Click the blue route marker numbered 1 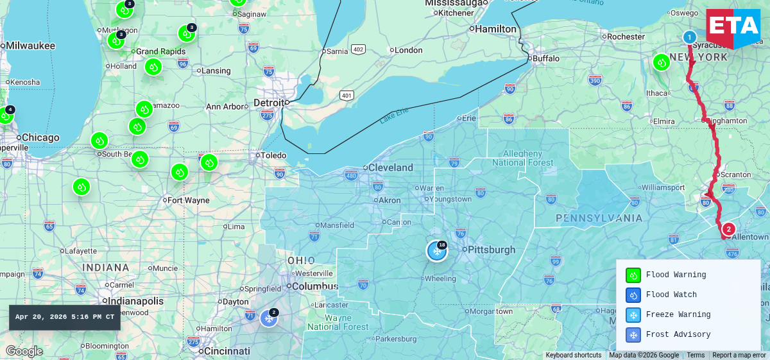pyautogui.click(x=689, y=37)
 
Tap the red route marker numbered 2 pyautogui.click(x=728, y=229)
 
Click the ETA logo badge pyautogui.click(x=733, y=29)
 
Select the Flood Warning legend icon pyautogui.click(x=633, y=275)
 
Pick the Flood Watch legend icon pyautogui.click(x=633, y=295)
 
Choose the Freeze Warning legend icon pyautogui.click(x=633, y=315)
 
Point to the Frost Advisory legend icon pyautogui.click(x=633, y=335)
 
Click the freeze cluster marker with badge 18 pyautogui.click(x=437, y=251)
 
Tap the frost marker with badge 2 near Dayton pyautogui.click(x=269, y=318)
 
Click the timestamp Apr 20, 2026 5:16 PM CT pyautogui.click(x=65, y=317)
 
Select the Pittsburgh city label pyautogui.click(x=492, y=250)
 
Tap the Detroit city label pyautogui.click(x=268, y=103)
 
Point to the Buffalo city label pyautogui.click(x=546, y=58)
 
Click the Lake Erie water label pyautogui.click(x=393, y=118)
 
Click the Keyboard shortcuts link pyautogui.click(x=573, y=355)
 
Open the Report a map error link pyautogui.click(x=739, y=355)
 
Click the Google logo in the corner pyautogui.click(x=24, y=351)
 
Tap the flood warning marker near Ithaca pyautogui.click(x=662, y=62)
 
